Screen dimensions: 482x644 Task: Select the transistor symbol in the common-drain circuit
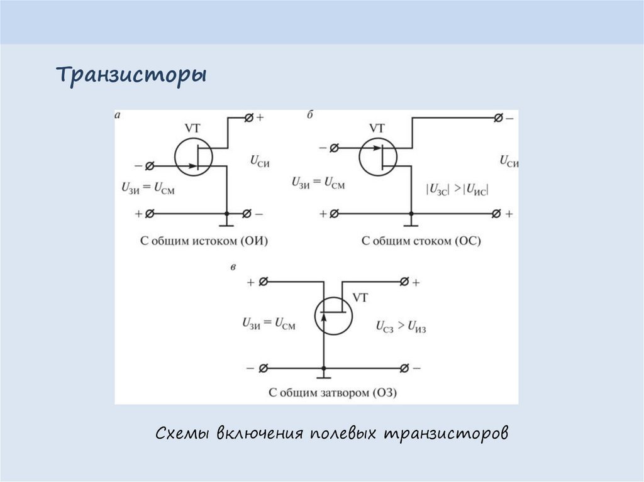(379, 157)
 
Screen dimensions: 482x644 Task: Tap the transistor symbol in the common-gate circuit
(333, 315)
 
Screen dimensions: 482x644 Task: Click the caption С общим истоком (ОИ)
(200, 240)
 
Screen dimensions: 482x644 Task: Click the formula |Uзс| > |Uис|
(457, 188)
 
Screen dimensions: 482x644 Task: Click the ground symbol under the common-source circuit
(226, 224)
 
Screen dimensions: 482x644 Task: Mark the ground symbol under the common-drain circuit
(411, 224)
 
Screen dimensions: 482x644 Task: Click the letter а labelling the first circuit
(118, 115)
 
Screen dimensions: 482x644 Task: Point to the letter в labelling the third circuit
(234, 268)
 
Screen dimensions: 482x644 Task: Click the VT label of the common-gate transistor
(362, 297)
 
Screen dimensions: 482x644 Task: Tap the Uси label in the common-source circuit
(260, 162)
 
